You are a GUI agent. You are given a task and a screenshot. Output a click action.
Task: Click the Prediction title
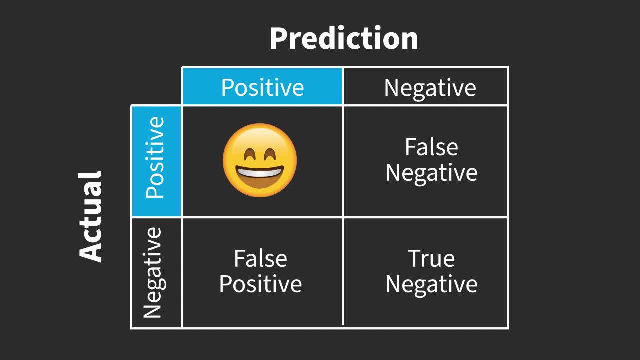[x=344, y=38]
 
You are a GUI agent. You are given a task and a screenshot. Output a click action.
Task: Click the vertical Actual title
[x=91, y=216]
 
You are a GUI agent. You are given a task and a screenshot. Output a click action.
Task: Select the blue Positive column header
[x=262, y=87]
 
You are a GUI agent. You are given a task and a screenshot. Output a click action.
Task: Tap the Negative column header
[x=430, y=88]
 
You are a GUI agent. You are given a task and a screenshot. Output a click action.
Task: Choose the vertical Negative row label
[x=153, y=273]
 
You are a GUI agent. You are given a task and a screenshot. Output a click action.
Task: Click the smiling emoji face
[x=260, y=160]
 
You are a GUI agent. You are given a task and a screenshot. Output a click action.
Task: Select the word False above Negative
[x=431, y=147]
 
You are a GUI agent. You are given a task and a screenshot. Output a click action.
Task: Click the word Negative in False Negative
[x=431, y=173]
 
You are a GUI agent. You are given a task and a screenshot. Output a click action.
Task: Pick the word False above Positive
[x=260, y=259]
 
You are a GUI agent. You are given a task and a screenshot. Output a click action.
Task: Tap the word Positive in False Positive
[x=260, y=284]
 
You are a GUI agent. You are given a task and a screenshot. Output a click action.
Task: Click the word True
[x=431, y=259]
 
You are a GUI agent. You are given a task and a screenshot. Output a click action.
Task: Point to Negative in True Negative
[x=431, y=284]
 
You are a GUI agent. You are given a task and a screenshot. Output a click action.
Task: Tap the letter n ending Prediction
[x=409, y=40]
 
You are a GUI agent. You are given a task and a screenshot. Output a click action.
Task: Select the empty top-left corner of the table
[x=156, y=86]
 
